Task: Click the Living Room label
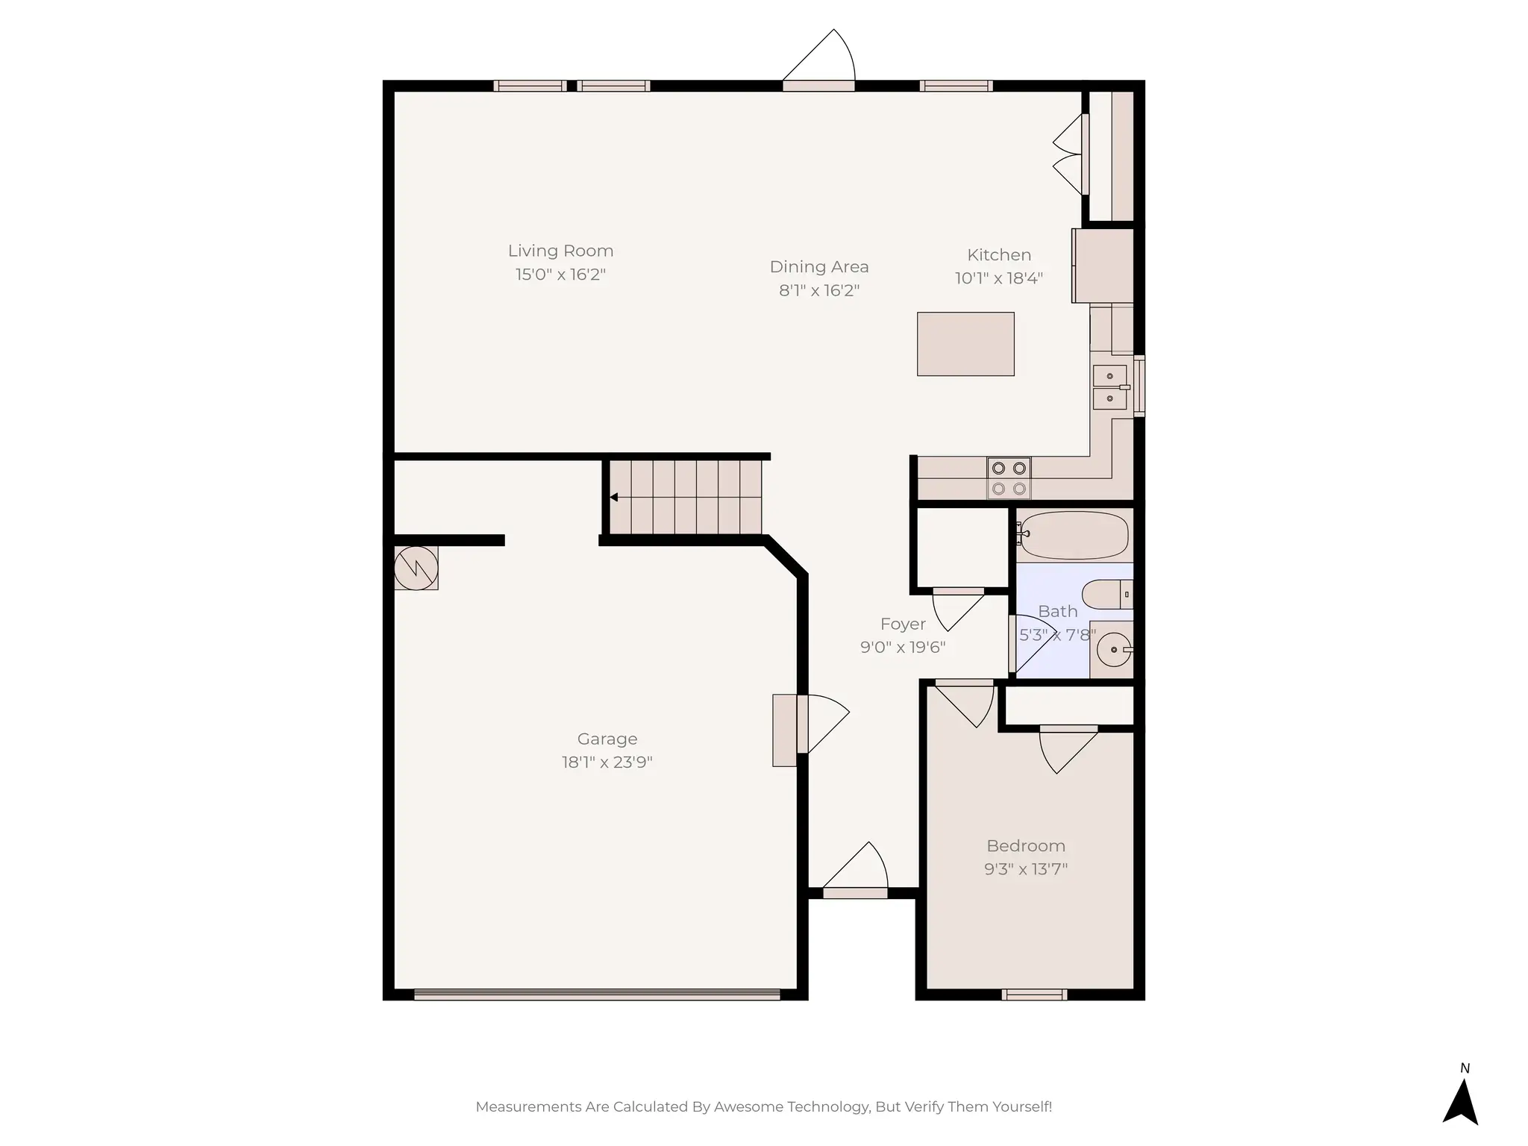pos(560,251)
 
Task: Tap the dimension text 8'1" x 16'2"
pos(819,290)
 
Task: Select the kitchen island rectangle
pos(965,344)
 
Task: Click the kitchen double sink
pos(1110,387)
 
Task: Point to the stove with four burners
pos(1009,478)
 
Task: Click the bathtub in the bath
pos(1074,535)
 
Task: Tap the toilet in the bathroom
pos(1106,594)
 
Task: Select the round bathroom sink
pos(1114,650)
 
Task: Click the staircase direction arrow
pos(614,497)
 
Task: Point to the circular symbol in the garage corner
pos(416,569)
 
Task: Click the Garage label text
pos(607,739)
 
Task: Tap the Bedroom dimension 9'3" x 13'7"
pos(1026,869)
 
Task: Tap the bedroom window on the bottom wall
pos(1034,995)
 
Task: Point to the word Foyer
pos(903,624)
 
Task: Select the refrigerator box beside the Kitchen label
pos(1103,266)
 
